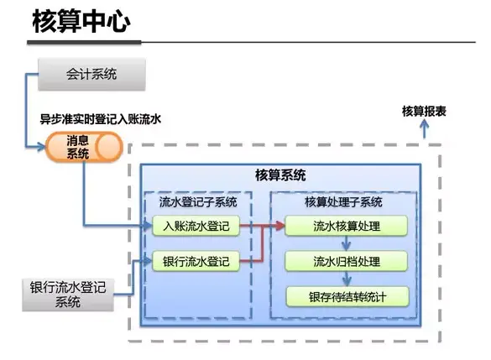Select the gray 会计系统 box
[92, 74]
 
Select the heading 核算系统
[280, 175]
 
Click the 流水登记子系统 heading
[198, 202]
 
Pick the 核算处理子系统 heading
[343, 202]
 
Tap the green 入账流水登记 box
[196, 226]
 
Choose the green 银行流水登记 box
[196, 261]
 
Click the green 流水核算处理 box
[347, 226]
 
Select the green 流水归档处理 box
[347, 261]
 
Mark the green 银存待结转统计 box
[347, 296]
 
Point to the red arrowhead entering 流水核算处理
[279, 226]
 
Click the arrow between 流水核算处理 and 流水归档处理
[346, 243]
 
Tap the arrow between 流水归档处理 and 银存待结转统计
[346, 279]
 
